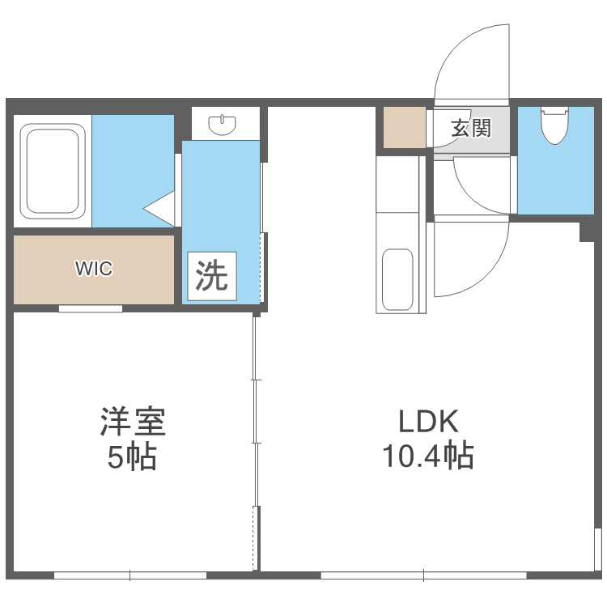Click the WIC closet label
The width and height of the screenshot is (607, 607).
click(x=94, y=269)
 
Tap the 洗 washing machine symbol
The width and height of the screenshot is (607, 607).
click(x=213, y=277)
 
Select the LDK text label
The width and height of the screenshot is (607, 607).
click(x=428, y=422)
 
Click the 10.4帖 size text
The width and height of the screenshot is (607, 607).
click(x=428, y=457)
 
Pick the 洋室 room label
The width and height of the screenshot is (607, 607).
click(x=133, y=422)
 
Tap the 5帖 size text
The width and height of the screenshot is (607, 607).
click(x=133, y=458)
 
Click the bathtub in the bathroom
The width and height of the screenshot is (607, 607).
click(x=53, y=170)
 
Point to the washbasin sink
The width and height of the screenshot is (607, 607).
click(x=222, y=125)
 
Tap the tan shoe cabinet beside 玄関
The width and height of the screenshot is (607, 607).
click(x=404, y=127)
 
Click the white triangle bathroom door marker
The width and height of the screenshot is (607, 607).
click(x=161, y=209)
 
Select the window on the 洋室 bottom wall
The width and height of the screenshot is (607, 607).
click(x=130, y=575)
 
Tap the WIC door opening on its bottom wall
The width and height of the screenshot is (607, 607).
click(x=91, y=308)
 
